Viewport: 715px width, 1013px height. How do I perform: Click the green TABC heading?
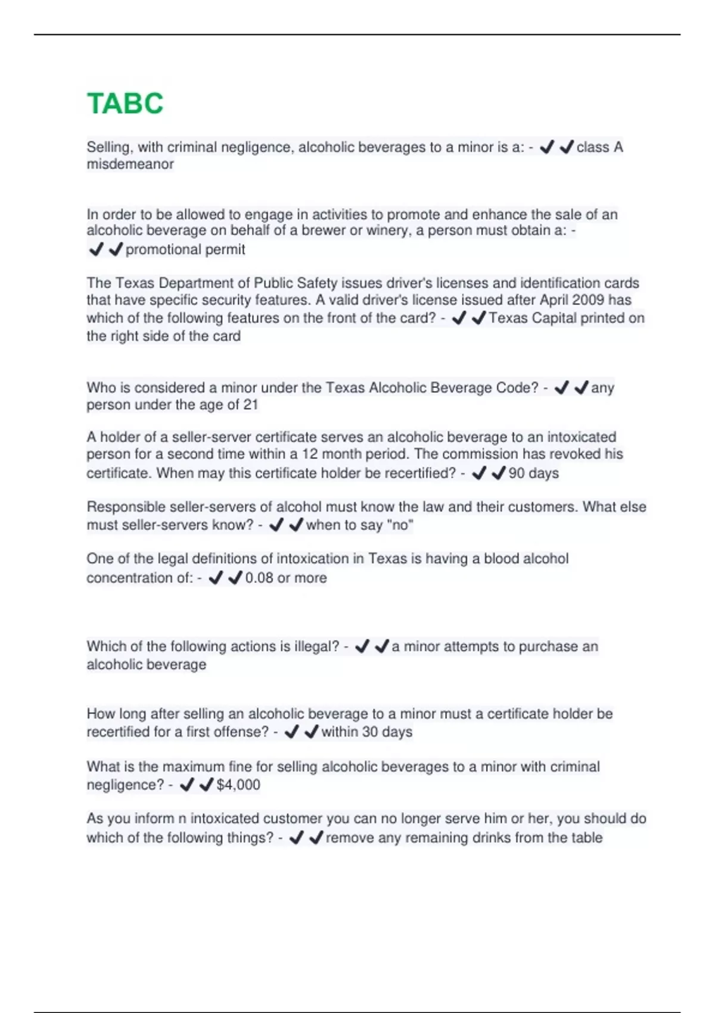click(125, 104)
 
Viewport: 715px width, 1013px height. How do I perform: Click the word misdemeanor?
click(130, 164)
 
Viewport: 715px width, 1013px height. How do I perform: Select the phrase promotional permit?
click(185, 250)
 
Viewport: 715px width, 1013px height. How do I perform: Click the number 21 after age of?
click(250, 405)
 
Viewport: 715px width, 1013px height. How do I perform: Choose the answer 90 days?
click(533, 474)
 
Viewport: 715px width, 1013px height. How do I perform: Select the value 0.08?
click(259, 578)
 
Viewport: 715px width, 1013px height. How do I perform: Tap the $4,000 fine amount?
click(238, 785)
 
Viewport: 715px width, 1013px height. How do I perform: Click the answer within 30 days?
click(366, 732)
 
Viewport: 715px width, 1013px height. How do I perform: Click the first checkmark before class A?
click(546, 147)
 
